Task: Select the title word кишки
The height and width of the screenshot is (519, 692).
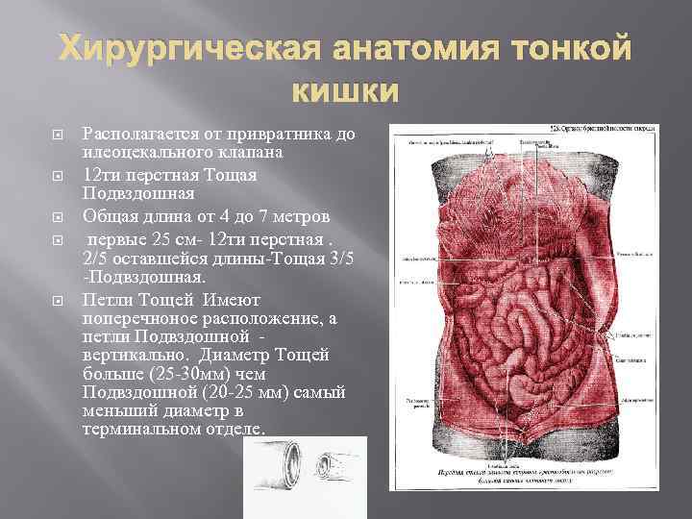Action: [341, 91]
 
